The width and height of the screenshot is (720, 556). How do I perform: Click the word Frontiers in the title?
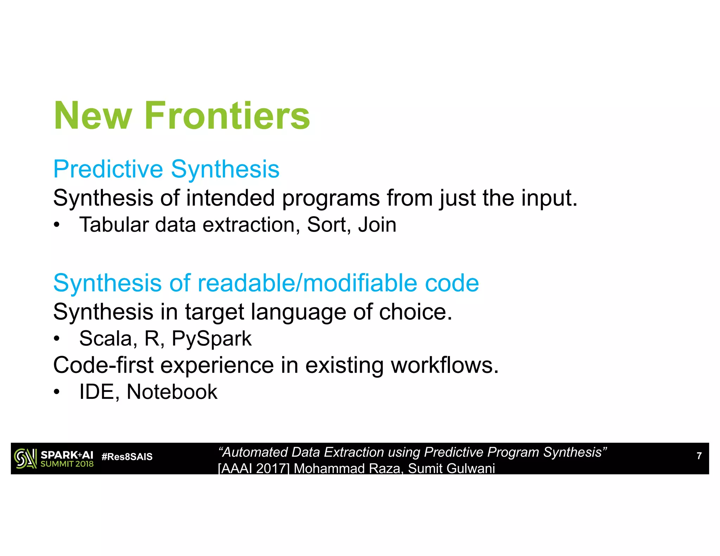tap(227, 116)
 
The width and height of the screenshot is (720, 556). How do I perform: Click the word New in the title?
tap(93, 116)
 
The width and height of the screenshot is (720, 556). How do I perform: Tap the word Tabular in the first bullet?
tap(113, 225)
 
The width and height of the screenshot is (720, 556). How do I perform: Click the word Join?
tap(377, 225)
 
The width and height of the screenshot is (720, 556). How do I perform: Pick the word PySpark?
tap(211, 339)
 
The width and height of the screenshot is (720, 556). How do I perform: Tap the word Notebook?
tap(172, 392)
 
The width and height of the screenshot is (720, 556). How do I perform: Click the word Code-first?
tap(103, 365)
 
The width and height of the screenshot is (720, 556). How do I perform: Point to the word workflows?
tap(445, 365)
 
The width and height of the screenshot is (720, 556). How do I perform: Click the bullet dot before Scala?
tap(57, 339)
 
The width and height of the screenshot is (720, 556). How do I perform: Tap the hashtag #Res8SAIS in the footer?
tap(127, 457)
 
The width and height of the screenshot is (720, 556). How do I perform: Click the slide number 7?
tap(699, 456)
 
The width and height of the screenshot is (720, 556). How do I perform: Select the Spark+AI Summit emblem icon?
tap(25, 459)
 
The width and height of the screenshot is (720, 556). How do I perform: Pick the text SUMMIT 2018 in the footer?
tap(67, 464)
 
